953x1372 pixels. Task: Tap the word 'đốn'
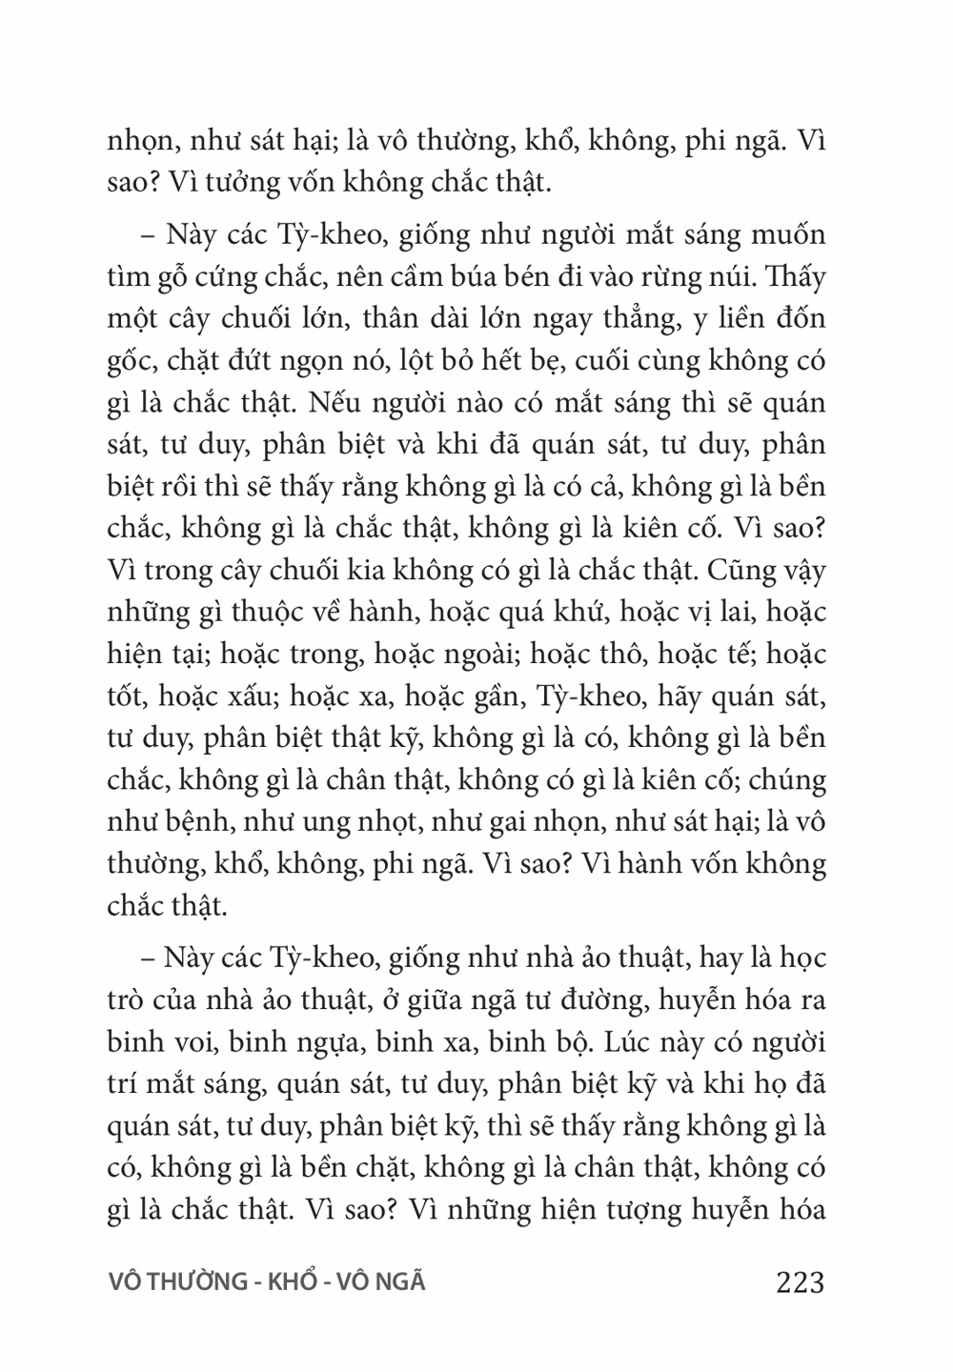pos(801,319)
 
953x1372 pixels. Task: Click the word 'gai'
pos(508,822)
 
